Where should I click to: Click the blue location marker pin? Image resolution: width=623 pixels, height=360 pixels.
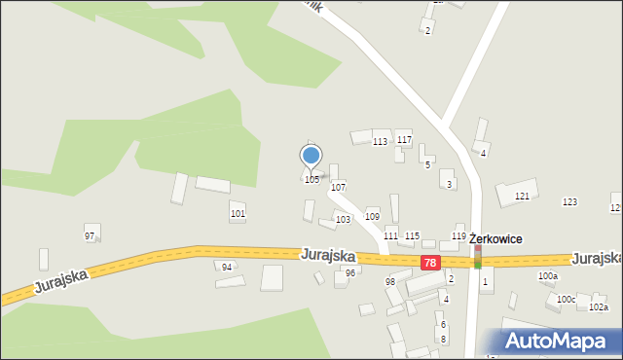[311, 156]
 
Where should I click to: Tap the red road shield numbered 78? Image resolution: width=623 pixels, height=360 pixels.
[431, 263]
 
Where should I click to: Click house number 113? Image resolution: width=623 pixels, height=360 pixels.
[381, 142]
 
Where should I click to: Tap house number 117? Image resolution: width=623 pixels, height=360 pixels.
[404, 140]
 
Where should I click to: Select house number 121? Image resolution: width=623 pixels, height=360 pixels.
[523, 197]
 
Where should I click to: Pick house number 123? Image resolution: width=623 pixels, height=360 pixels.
[570, 201]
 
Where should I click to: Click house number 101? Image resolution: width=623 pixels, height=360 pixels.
[238, 213]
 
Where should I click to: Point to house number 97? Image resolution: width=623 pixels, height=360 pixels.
[90, 236]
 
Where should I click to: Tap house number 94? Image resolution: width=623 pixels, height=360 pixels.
[227, 267]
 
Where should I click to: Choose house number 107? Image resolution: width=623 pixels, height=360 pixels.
[339, 186]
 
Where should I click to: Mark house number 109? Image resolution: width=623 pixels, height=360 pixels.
[371, 216]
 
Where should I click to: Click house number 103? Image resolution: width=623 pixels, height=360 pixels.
[343, 220]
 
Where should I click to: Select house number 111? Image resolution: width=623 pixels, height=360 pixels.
[390, 236]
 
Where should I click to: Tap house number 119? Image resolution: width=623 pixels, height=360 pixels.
[458, 236]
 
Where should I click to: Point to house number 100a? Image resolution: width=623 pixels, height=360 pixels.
[548, 276]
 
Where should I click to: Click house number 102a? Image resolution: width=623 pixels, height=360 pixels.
[599, 307]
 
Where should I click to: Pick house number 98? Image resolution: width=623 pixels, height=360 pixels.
[389, 281]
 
